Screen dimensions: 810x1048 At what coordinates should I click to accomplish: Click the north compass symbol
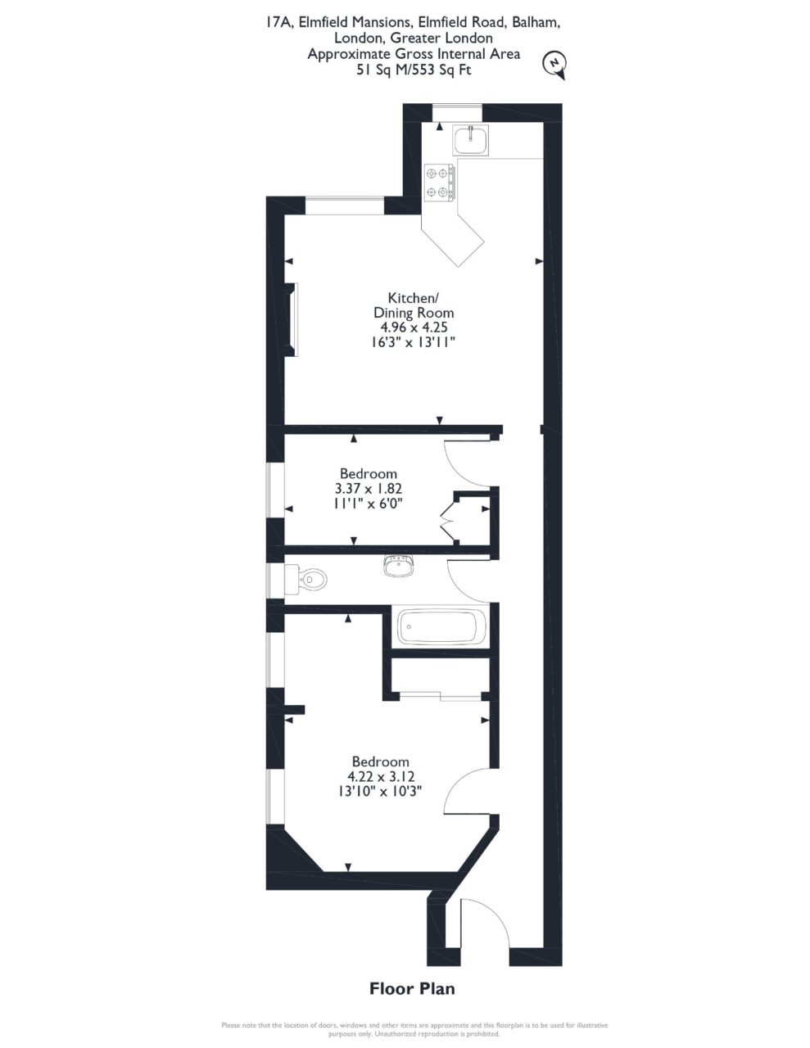tap(555, 65)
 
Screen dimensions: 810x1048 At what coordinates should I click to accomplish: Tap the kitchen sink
tap(470, 140)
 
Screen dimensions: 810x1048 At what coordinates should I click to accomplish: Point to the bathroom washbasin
tap(399, 566)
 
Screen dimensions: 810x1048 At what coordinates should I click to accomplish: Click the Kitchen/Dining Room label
tap(414, 305)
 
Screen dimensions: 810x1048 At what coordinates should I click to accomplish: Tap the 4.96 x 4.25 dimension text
tap(414, 327)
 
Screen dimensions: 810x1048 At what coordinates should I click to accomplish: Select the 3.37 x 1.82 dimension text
tap(368, 488)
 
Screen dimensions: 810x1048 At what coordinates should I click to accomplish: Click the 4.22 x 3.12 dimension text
tap(381, 776)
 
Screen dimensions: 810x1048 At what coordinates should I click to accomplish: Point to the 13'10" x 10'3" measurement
tap(380, 792)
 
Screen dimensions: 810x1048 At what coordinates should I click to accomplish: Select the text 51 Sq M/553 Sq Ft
tap(414, 70)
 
